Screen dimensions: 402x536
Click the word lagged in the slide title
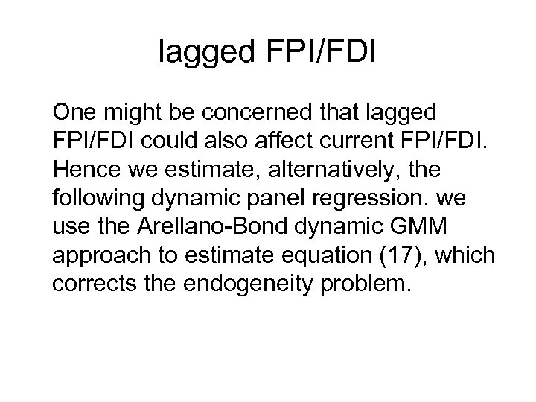tap(208, 52)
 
